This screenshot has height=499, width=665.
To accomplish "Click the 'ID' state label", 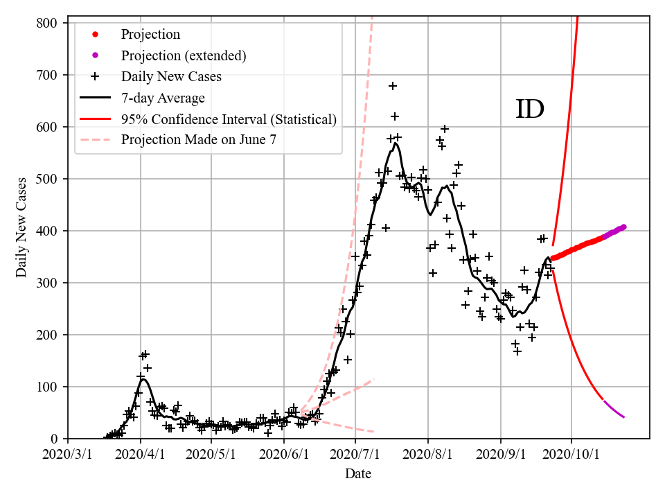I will point(530,110).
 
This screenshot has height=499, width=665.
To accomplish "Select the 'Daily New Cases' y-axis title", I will point(21,227).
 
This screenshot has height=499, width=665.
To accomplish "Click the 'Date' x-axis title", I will point(358,474).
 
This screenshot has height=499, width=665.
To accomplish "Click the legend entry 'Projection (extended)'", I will point(184,55).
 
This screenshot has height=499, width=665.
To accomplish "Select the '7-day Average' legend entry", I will point(163,98).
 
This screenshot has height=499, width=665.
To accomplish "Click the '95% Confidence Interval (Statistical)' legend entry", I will point(229,119).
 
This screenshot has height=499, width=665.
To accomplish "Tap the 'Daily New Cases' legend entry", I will point(171,76).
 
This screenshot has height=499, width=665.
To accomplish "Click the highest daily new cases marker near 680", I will point(393,86).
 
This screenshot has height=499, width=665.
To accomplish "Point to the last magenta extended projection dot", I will point(624,227).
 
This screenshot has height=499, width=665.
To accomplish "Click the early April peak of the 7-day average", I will point(144,379).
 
